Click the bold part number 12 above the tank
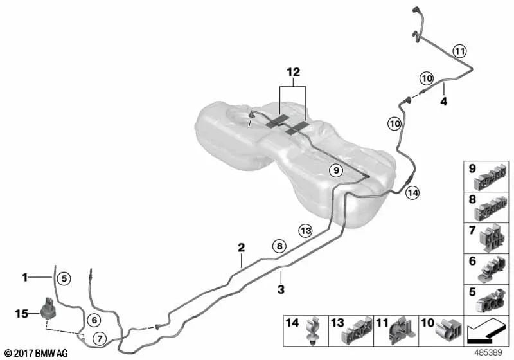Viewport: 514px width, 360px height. point(294,72)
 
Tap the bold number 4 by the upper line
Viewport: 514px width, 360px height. point(443,102)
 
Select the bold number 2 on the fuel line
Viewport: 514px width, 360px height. point(242,248)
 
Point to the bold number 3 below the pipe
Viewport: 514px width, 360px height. point(281,289)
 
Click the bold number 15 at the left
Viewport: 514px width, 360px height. point(22,314)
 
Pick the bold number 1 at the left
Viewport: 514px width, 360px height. point(25,278)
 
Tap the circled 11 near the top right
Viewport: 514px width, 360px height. point(459,51)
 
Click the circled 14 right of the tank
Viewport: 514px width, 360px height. point(412,193)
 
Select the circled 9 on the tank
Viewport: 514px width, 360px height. point(335,170)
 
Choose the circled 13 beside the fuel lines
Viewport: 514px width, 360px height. point(306,231)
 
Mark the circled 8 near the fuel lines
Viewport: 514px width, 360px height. point(279,246)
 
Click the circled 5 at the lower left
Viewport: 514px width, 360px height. point(64,279)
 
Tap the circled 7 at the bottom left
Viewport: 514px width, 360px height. point(100,338)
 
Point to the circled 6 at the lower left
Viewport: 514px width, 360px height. point(94,319)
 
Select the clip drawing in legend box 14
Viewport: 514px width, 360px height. point(314,330)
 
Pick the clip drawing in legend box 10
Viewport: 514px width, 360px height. point(448,329)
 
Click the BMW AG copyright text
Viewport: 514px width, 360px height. point(37,353)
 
